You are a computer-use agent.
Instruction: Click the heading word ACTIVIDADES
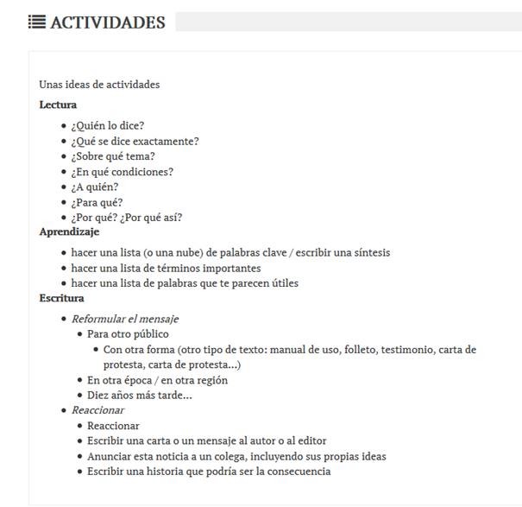point(108,22)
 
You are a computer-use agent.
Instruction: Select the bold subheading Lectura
point(58,105)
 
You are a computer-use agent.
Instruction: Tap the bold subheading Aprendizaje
point(69,232)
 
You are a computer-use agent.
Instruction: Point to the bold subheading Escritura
point(61,299)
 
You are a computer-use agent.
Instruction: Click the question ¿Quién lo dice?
point(108,126)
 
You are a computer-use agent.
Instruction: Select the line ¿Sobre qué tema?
point(113,156)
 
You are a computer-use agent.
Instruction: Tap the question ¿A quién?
point(95,187)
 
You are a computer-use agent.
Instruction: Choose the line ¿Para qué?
point(97,203)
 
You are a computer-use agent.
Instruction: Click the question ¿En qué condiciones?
point(122,172)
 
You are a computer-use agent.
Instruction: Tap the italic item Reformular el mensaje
point(125,320)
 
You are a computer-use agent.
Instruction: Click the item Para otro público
point(128,334)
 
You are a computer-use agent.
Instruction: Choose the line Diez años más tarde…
point(139,396)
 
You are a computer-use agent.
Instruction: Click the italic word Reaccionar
point(97,410)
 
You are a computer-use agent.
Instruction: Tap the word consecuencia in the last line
point(298,472)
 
